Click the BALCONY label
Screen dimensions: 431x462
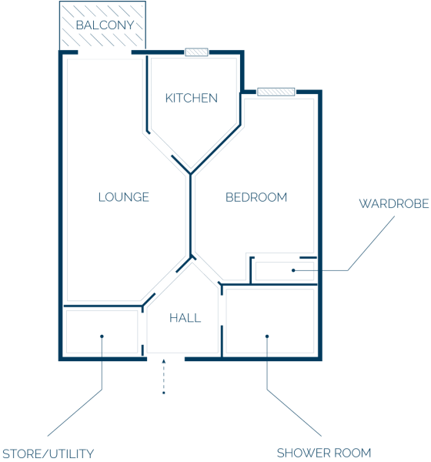click(x=105, y=25)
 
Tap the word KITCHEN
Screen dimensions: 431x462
click(x=192, y=98)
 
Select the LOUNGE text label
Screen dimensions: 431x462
click(x=124, y=197)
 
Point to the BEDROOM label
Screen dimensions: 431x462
click(x=256, y=197)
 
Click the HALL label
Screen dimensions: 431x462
click(x=185, y=318)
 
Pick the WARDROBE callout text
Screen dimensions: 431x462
click(x=394, y=203)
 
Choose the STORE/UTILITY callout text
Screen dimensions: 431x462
click(x=48, y=454)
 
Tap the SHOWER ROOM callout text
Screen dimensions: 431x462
click(x=324, y=453)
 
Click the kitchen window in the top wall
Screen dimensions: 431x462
click(x=196, y=52)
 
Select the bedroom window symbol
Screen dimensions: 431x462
click(x=276, y=92)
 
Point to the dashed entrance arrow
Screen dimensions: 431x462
click(x=164, y=377)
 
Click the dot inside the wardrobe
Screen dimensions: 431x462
click(x=293, y=270)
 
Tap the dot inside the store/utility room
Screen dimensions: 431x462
click(x=102, y=336)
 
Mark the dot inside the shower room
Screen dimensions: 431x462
click(x=267, y=336)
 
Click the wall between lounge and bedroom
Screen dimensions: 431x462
click(x=191, y=215)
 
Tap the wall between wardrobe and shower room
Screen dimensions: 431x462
click(x=269, y=285)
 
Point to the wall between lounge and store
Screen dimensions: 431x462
click(x=103, y=306)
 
